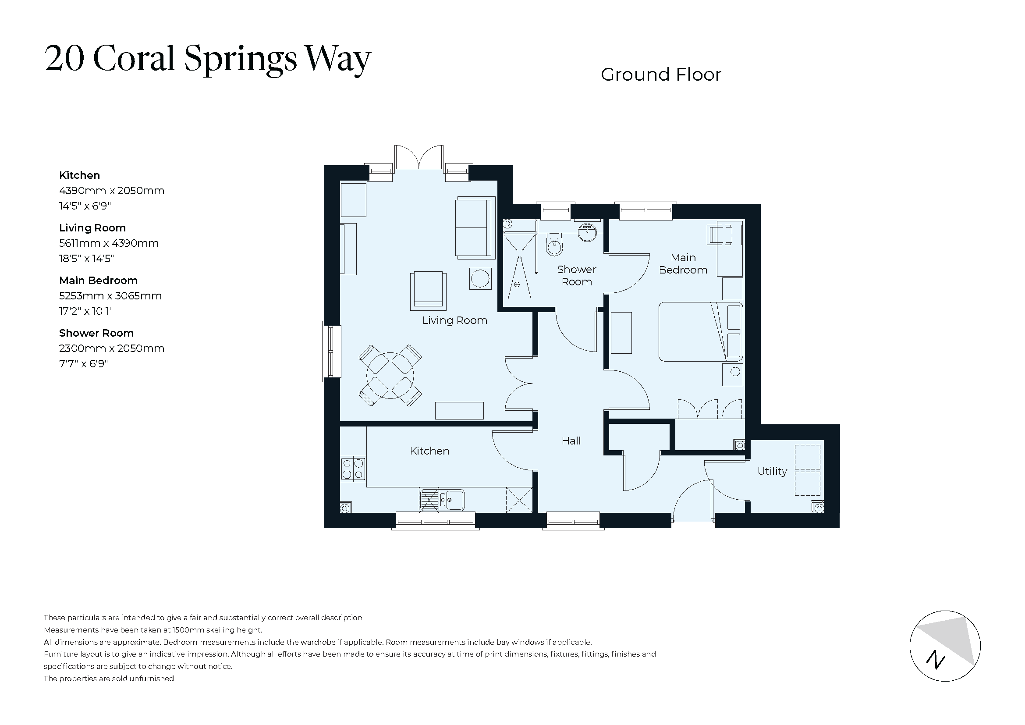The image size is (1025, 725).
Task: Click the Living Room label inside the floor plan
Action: (454, 320)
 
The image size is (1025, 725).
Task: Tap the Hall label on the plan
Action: (571, 441)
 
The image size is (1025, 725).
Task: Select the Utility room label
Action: (772, 471)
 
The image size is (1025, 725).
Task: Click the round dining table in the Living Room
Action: (390, 376)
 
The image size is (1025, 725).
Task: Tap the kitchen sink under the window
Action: (442, 500)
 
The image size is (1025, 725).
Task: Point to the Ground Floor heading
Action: (661, 75)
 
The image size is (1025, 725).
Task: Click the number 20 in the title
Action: (65, 58)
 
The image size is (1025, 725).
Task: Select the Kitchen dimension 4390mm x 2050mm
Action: (112, 191)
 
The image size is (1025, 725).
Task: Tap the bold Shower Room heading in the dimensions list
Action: (96, 333)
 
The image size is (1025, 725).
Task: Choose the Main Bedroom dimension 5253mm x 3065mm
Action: (110, 296)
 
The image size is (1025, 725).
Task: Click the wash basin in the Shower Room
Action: (588, 232)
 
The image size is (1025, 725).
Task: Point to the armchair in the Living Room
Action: (429, 291)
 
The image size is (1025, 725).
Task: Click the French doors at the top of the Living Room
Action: (419, 158)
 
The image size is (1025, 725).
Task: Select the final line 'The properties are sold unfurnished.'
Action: (110, 679)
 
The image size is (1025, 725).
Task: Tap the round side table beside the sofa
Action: (480, 279)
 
